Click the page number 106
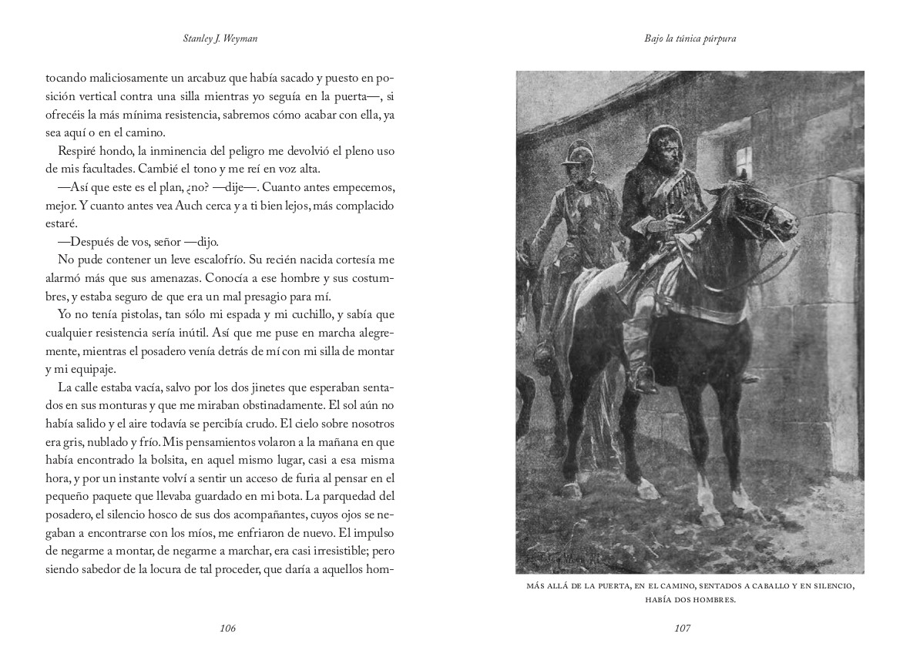[227, 628]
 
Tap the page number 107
[682, 628]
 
